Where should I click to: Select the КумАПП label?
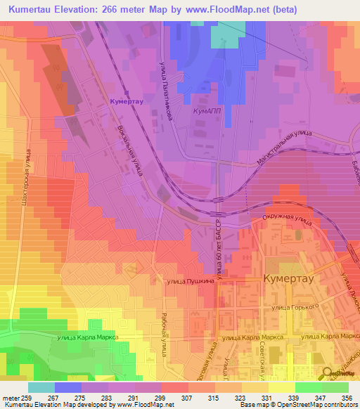207,111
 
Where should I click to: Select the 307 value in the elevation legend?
188,398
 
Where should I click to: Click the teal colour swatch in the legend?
41,387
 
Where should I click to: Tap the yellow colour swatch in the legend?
282,387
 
